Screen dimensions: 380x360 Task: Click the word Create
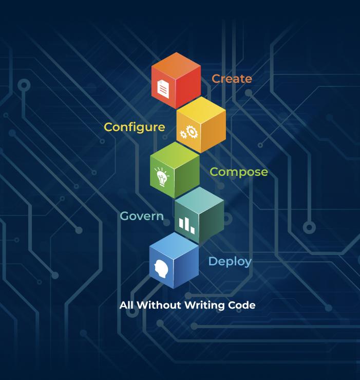[232, 79]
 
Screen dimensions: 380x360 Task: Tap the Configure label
[134, 127]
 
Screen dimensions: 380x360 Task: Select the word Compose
[238, 172]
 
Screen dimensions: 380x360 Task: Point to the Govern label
[141, 216]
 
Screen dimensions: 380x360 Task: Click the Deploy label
[230, 261]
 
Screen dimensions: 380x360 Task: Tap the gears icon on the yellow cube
[188, 133]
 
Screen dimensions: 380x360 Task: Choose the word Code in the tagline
[242, 305]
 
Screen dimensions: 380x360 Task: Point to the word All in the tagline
[126, 305]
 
